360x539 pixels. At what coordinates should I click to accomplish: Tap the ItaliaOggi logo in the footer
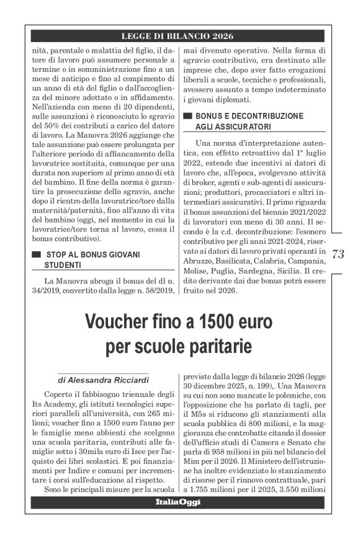pos(178,502)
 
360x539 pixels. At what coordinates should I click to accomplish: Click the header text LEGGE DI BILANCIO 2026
pos(178,37)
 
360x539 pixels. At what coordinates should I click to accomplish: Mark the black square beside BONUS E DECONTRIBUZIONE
pos(187,116)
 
